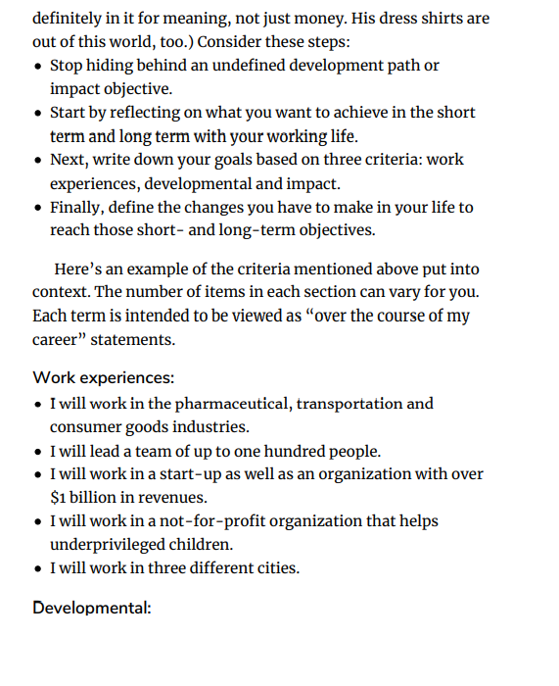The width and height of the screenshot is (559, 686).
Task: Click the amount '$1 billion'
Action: [90, 498]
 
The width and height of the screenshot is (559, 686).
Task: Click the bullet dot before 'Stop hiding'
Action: [37, 67]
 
